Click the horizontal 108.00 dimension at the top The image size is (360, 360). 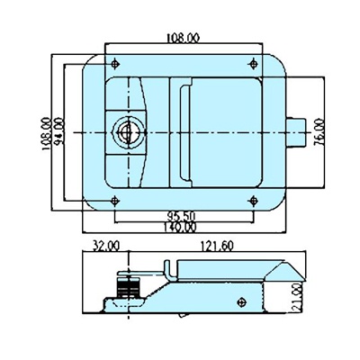click(185, 39)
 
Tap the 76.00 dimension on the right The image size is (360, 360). click(320, 132)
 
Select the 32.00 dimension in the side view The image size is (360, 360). click(104, 246)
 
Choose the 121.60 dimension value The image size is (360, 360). click(211, 246)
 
